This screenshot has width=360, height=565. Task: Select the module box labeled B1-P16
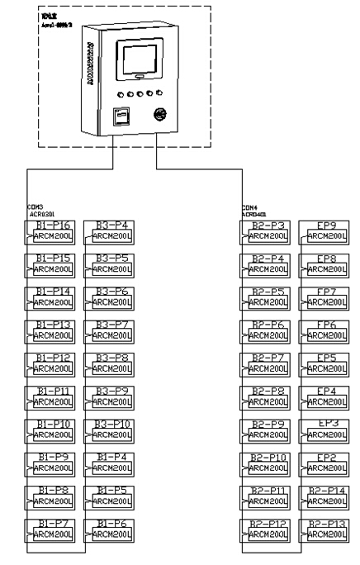pyautogui.click(x=54, y=230)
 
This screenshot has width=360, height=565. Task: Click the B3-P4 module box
pyautogui.click(x=111, y=230)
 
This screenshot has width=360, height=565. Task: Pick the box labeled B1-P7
pyautogui.click(x=54, y=529)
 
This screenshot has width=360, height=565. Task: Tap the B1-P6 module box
pyautogui.click(x=111, y=529)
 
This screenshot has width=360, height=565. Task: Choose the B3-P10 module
pyautogui.click(x=111, y=430)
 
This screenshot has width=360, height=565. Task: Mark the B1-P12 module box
pyautogui.click(x=54, y=363)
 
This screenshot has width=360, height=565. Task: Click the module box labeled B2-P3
pyautogui.click(x=267, y=230)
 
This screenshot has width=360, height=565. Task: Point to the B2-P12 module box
pyautogui.click(x=267, y=529)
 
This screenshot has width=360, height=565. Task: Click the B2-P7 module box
pyautogui.click(x=267, y=363)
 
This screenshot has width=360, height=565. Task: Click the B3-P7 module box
pyautogui.click(x=111, y=330)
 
